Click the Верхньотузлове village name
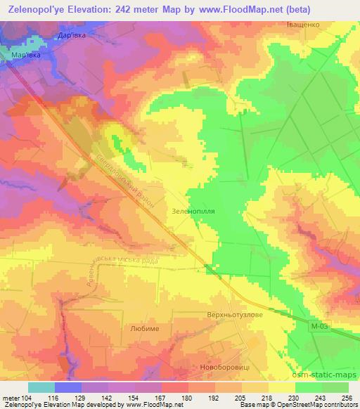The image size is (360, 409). tap(235, 314)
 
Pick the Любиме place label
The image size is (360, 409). tap(145, 328)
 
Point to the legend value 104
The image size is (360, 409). tap(29, 398)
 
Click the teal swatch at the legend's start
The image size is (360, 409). tap(41, 387)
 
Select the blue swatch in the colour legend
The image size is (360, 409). tap(68, 387)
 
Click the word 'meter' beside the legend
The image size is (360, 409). tap(11, 398)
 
